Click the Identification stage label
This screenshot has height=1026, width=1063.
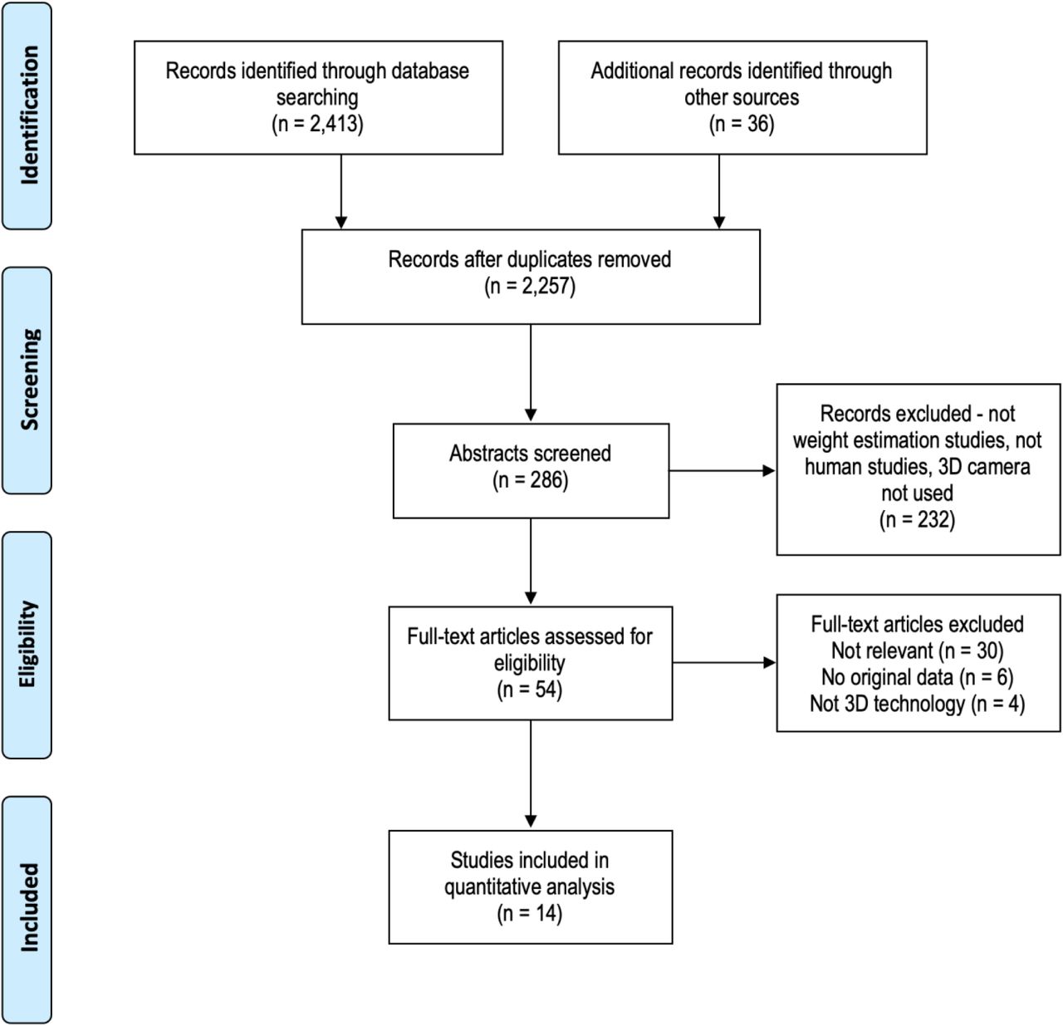pyautogui.click(x=30, y=115)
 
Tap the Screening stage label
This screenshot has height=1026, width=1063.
pyautogui.click(x=30, y=380)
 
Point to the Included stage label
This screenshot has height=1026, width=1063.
pyautogui.click(x=30, y=907)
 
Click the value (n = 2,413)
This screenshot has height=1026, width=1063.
pyautogui.click(x=317, y=124)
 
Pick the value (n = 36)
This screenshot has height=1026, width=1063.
pyautogui.click(x=742, y=124)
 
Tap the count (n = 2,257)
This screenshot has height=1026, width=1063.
pyautogui.click(x=530, y=286)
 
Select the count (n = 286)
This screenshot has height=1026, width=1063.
pyautogui.click(x=530, y=480)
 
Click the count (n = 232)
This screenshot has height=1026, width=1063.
pyautogui.click(x=917, y=519)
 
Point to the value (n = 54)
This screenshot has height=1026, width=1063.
pyautogui.click(x=529, y=690)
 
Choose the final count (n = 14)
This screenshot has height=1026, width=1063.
pyautogui.click(x=529, y=913)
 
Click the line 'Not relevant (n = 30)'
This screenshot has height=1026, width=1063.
pyautogui.click(x=917, y=650)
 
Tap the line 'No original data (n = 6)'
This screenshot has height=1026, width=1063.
pyautogui.click(x=917, y=677)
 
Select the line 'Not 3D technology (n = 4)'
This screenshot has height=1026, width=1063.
pyautogui.click(x=917, y=704)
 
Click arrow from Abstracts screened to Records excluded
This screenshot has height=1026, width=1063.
pyautogui.click(x=723, y=470)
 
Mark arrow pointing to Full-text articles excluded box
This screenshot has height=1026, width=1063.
pyautogui.click(x=724, y=663)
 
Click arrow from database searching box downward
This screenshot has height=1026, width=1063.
pyautogui.click(x=340, y=192)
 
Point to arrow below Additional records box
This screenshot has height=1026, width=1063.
pyautogui.click(x=719, y=192)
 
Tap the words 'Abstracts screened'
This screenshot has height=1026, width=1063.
pyautogui.click(x=530, y=454)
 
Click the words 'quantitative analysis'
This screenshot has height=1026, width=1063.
pyautogui.click(x=529, y=886)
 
